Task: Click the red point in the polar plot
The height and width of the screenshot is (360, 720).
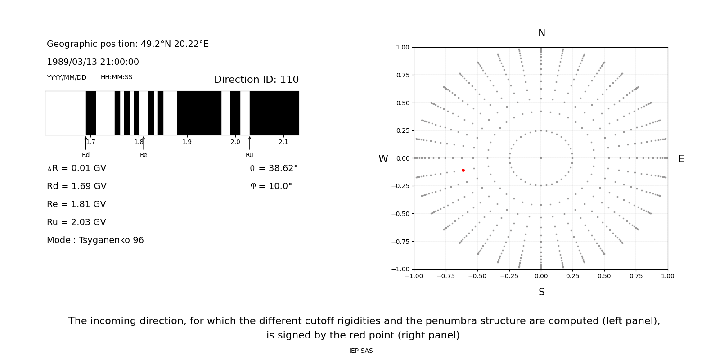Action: coord(463,170)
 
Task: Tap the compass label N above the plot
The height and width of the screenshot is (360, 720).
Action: coord(541,33)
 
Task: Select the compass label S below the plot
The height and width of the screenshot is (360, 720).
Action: coord(541,292)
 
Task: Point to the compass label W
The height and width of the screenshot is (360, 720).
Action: coord(383,159)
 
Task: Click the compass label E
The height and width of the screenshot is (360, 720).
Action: coord(681,159)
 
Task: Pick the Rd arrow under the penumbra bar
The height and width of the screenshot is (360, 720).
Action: coord(85,143)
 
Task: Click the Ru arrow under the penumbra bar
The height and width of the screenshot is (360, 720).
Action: coord(249,143)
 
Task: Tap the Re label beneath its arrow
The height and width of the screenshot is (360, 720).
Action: coord(144,155)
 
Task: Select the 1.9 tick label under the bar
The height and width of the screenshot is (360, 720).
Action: coord(187,142)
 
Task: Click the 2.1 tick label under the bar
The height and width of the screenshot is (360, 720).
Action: coord(283,142)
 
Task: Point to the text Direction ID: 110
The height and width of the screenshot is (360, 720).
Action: coord(256,80)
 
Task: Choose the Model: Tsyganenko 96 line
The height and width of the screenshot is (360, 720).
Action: coord(95,240)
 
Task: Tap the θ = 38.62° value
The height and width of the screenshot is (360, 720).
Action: coord(274,168)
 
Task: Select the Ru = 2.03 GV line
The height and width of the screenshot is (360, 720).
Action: coord(76,222)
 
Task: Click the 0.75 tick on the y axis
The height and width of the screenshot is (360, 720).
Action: coord(402,75)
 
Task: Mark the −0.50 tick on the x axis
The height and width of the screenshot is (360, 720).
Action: coord(477,276)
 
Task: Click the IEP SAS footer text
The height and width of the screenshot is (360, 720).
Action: coord(361,351)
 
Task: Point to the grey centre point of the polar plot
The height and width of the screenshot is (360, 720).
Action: coord(541,158)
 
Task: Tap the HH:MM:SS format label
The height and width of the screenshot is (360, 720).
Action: coord(117,77)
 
